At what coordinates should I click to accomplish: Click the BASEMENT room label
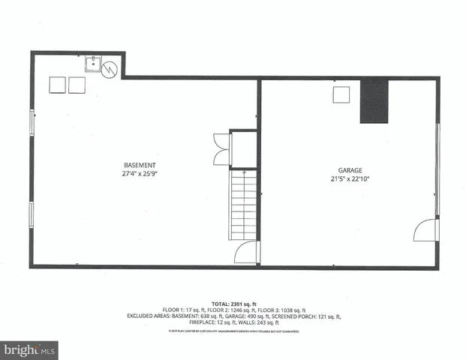(x=140, y=165)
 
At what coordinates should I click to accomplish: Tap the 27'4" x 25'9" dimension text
(x=140, y=173)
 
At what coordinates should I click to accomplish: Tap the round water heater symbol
(x=110, y=68)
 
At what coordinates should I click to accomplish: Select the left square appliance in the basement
(x=58, y=85)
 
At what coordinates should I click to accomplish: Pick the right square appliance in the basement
(x=77, y=85)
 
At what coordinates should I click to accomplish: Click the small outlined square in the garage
(x=341, y=94)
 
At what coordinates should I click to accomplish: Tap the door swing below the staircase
(x=245, y=253)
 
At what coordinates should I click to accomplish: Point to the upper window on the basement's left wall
(x=32, y=123)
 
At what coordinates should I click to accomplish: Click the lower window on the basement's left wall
(x=32, y=213)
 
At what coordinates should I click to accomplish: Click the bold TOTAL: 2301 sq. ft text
(x=233, y=303)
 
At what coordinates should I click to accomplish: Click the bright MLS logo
(x=30, y=349)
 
